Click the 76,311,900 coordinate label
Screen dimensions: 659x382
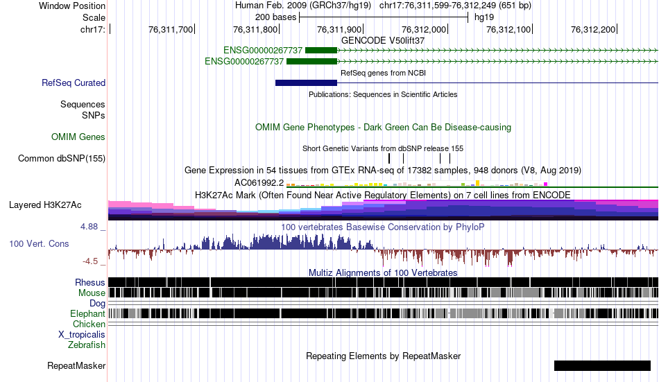(339, 29)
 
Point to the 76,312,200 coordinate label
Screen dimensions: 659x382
(593, 29)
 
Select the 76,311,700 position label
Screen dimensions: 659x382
(170, 29)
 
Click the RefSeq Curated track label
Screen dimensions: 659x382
(74, 83)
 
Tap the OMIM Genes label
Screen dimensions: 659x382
(78, 137)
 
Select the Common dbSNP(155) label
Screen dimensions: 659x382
(62, 159)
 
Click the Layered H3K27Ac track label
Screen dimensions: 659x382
(45, 205)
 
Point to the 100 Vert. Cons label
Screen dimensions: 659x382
(39, 244)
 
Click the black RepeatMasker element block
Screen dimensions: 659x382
(602, 365)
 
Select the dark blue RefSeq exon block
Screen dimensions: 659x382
(306, 83)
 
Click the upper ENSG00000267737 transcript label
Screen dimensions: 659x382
(263, 51)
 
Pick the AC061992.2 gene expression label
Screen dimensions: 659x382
(259, 183)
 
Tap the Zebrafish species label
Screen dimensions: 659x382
(87, 345)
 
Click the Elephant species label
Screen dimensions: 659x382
(88, 314)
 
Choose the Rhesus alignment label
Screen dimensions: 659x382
(90, 282)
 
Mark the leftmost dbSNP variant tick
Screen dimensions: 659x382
(389, 159)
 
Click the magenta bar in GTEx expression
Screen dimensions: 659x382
(545, 184)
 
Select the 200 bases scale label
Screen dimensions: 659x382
(275, 17)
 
